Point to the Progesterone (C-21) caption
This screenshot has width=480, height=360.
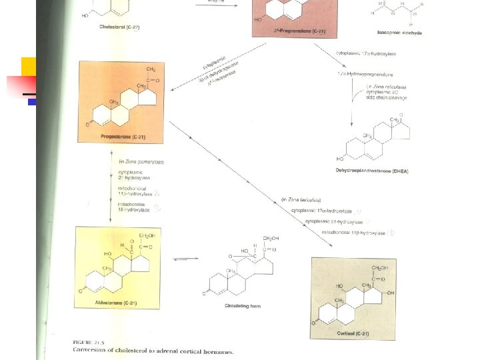point(121,137)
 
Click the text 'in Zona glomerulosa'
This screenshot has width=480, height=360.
point(141,161)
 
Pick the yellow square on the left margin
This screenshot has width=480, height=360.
point(29,67)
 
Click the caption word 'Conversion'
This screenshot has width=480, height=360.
point(96,349)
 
